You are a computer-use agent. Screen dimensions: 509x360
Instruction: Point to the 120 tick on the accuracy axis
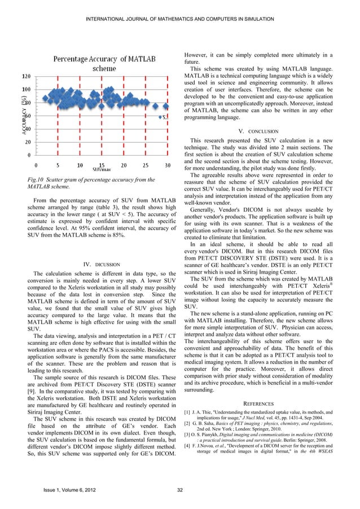[27, 76]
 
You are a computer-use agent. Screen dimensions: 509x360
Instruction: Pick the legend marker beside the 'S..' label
[159, 117]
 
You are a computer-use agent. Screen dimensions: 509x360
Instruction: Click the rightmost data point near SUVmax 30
[165, 106]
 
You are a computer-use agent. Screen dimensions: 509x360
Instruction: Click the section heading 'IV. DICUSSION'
[102, 264]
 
